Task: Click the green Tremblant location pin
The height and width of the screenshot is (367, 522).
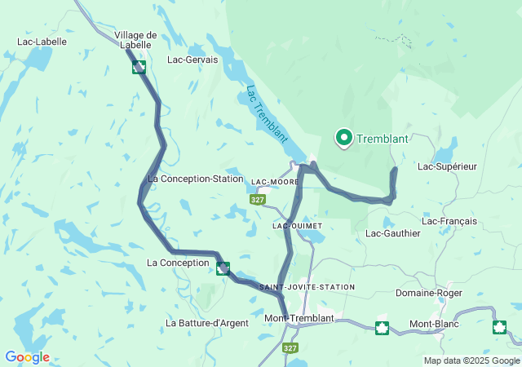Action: tap(343, 139)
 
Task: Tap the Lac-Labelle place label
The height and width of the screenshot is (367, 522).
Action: tap(42, 41)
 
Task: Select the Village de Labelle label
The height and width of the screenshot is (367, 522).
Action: tap(135, 40)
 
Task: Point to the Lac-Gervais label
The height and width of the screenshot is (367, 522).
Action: tap(192, 60)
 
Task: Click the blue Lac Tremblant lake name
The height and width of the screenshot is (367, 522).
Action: tap(266, 115)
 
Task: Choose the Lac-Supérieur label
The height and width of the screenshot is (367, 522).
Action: tap(446, 166)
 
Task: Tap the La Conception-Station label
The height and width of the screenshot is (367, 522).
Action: tap(196, 179)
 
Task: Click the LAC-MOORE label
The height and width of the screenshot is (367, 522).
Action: tap(276, 182)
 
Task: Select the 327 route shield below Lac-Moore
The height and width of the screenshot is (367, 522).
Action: tap(258, 199)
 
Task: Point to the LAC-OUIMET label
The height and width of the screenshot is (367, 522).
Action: tap(297, 225)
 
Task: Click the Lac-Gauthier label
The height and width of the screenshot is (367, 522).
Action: tap(392, 233)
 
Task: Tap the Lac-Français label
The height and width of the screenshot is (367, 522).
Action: tap(449, 221)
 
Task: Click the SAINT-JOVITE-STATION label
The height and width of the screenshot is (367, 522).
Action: tap(307, 287)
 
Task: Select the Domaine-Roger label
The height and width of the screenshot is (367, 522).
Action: tap(428, 293)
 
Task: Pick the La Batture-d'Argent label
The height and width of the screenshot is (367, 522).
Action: tap(206, 323)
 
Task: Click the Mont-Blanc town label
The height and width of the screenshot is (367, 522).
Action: tap(434, 324)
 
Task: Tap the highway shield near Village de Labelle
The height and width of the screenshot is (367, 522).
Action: tap(139, 67)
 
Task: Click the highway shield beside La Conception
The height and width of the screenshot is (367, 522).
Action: tap(223, 268)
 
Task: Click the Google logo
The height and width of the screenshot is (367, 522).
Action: tap(27, 357)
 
